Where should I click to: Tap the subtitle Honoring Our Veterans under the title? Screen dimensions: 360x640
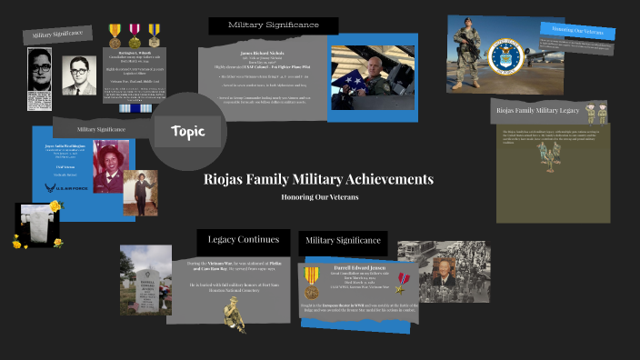tap(319, 197)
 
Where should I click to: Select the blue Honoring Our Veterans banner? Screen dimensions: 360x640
tap(577, 30)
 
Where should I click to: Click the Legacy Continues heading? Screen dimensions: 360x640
tap(243, 240)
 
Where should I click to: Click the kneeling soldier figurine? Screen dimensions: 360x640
tap(235, 315)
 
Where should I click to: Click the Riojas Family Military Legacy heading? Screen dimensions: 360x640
tap(538, 110)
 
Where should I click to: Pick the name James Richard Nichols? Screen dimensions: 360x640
tap(264, 53)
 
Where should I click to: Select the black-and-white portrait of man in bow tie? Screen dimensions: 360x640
tap(78, 75)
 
